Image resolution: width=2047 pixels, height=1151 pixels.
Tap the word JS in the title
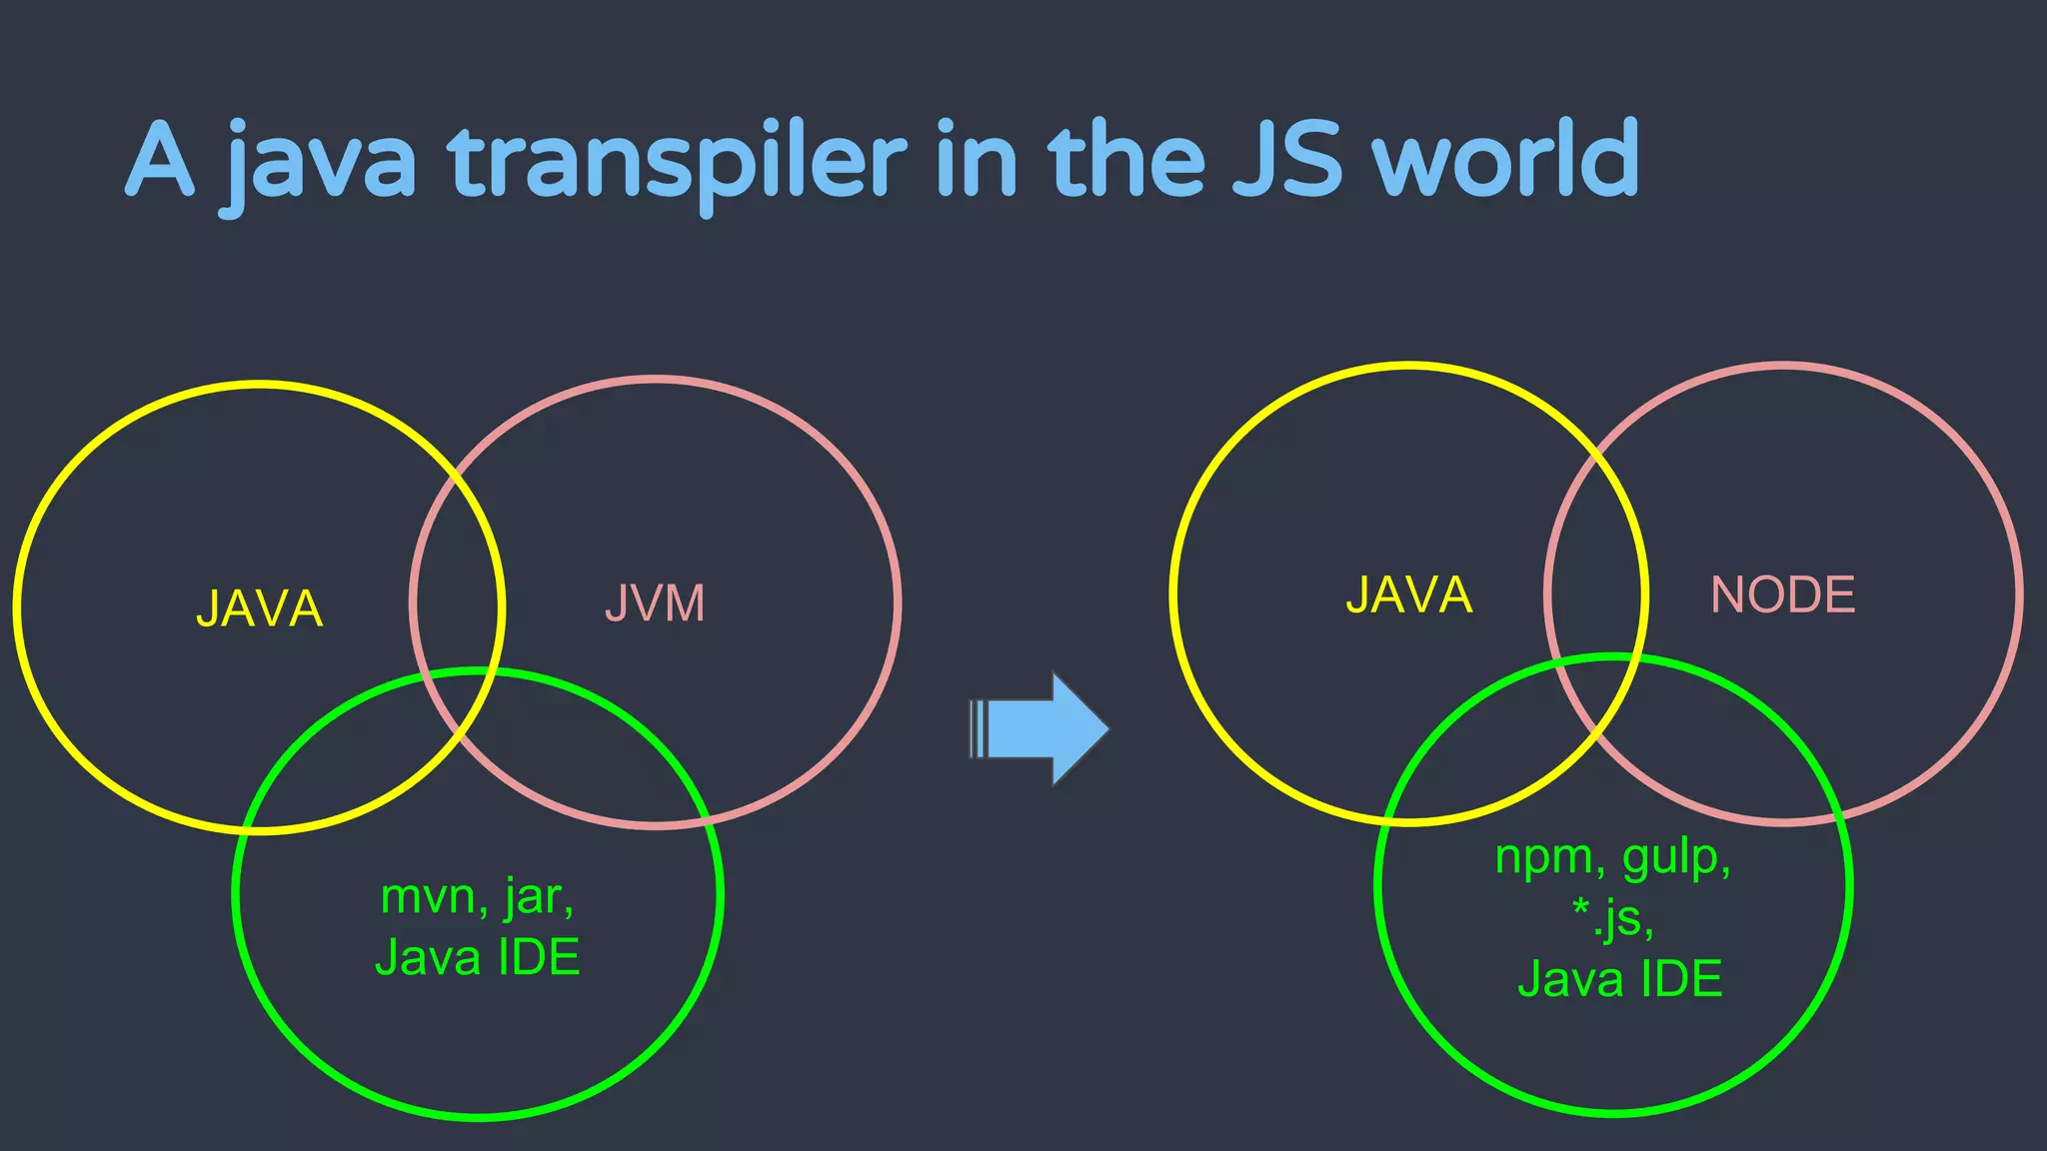(x=1286, y=160)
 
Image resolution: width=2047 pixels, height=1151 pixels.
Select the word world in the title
(x=1506, y=160)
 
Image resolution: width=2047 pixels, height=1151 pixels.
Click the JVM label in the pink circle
(x=655, y=603)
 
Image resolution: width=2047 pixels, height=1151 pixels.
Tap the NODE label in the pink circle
(x=1782, y=594)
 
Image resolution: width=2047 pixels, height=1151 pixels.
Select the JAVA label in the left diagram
(x=260, y=608)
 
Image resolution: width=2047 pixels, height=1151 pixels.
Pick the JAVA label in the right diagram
(x=1408, y=594)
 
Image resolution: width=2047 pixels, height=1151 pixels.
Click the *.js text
(x=1612, y=917)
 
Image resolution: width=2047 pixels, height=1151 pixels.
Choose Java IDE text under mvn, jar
(x=478, y=957)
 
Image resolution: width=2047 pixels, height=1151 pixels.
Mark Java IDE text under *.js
(x=1619, y=978)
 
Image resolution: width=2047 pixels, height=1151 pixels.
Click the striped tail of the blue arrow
(x=978, y=729)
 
